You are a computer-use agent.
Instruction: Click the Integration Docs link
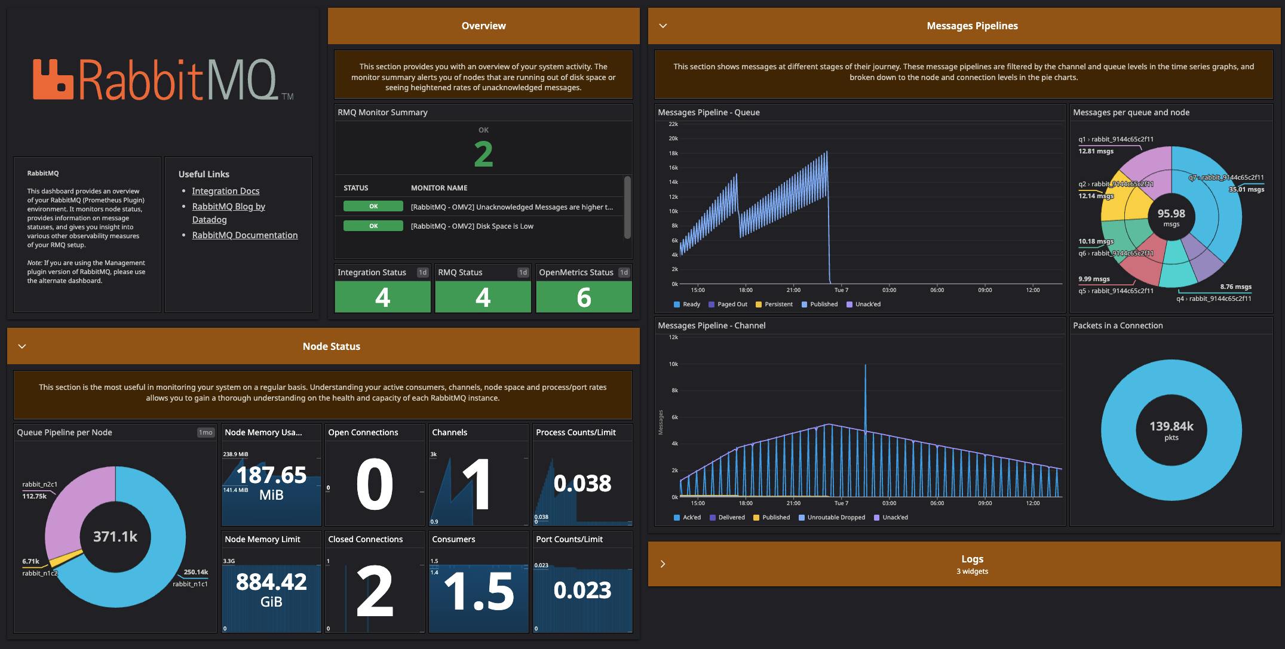coord(225,191)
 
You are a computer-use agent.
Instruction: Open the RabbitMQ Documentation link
coord(244,235)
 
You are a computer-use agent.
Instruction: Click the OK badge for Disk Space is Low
coord(373,226)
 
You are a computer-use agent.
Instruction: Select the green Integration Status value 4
coord(382,297)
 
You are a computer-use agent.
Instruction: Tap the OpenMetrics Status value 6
coord(584,297)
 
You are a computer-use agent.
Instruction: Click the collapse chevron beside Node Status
coord(22,346)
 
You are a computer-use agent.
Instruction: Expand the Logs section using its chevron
coord(663,564)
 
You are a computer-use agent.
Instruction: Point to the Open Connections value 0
coord(374,484)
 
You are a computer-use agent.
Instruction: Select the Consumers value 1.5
coord(479,591)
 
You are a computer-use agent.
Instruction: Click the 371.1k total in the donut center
coord(115,537)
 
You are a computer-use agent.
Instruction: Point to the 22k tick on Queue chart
coord(673,124)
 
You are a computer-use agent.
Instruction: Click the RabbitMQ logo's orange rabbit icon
coord(53,79)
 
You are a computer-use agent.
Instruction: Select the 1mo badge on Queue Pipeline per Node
coord(206,432)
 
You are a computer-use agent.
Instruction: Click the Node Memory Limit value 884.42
coord(271,582)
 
